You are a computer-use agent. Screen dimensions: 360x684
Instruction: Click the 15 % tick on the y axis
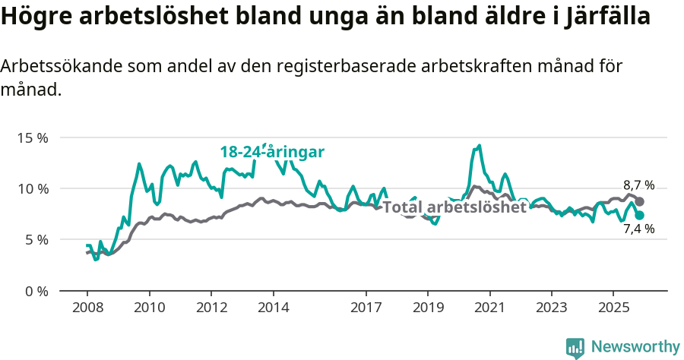[x=32, y=138]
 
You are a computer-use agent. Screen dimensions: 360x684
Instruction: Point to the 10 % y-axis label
[x=32, y=189]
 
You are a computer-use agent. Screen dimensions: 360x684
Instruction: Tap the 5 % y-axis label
[x=35, y=240]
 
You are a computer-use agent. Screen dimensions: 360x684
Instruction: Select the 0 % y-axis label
[x=35, y=291]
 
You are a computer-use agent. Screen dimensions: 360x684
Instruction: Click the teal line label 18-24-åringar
[x=272, y=152]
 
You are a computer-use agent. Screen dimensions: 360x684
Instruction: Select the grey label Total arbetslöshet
[x=454, y=207]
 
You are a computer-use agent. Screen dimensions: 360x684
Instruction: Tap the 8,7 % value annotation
[x=638, y=185]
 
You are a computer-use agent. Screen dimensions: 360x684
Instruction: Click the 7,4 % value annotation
[x=638, y=229]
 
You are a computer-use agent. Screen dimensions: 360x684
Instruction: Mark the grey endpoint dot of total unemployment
[x=639, y=201]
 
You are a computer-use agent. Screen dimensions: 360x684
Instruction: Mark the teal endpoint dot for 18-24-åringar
[x=639, y=216]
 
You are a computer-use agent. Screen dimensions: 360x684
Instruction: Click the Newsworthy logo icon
[x=575, y=347]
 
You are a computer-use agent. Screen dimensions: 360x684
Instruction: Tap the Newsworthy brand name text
[x=635, y=347]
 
